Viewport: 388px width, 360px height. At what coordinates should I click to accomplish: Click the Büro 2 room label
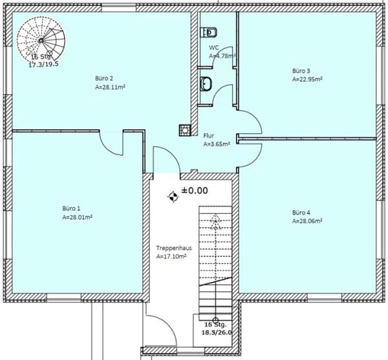point(104,78)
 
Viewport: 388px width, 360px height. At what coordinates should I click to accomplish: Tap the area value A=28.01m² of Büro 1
point(78,217)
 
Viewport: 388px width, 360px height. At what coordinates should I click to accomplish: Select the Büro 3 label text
point(301,71)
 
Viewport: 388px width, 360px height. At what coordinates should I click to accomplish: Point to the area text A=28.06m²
point(307,221)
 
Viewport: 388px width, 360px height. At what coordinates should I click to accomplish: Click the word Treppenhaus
point(174,248)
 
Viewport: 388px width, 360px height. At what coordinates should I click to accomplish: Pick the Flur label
point(209,136)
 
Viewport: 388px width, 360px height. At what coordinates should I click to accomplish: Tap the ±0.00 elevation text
point(195,191)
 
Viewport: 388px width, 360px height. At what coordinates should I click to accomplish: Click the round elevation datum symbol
point(173,197)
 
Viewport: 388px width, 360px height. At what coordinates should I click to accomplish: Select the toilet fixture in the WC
point(209,32)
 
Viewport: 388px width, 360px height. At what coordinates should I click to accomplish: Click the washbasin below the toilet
point(206,83)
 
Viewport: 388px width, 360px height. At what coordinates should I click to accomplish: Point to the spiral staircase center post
point(41,40)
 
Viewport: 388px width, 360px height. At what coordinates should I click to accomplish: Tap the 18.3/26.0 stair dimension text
point(217,333)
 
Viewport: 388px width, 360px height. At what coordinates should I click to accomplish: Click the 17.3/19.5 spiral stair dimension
point(44,65)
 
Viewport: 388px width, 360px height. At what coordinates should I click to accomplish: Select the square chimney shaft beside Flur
point(185,130)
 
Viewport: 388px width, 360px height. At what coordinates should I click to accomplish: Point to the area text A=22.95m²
point(307,79)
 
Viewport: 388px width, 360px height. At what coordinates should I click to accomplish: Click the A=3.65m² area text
point(217,144)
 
